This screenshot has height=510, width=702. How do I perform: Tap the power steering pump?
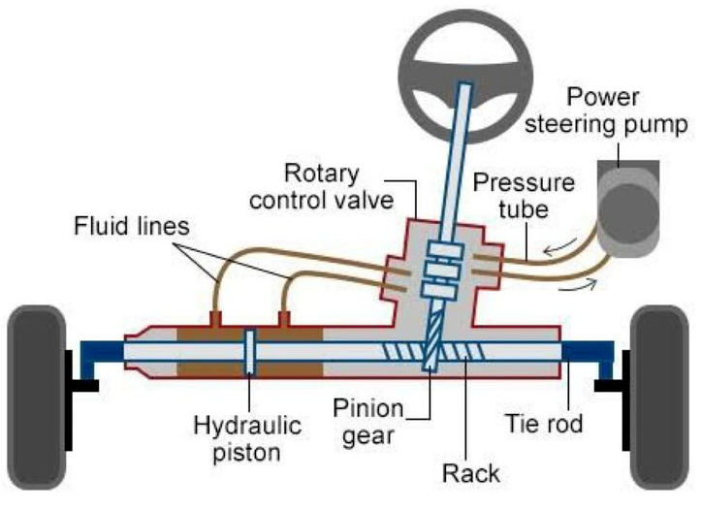pos(627,208)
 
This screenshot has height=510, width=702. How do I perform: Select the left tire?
pos(37,398)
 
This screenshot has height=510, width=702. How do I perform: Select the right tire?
pos(659,398)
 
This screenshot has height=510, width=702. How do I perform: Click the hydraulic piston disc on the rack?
pos(251,352)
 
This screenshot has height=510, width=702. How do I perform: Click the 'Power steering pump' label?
pos(606,111)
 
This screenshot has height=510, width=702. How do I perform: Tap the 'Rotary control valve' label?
pos(322,187)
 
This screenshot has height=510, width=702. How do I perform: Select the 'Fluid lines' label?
pos(132,226)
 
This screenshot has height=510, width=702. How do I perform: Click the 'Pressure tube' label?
pos(524,196)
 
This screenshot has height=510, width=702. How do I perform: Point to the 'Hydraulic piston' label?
pos(247,438)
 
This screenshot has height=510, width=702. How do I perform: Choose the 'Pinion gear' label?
pos(368,422)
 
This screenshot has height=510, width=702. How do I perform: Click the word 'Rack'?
pos(471,473)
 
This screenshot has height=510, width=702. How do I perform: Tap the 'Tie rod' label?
pos(544,424)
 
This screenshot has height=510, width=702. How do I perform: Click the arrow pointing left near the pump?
pos(560,246)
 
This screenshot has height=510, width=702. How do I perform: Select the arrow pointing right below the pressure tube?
pos(578,285)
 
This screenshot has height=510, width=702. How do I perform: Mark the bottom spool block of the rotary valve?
pos(441,291)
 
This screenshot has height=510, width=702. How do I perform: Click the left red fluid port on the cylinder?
pos(216,319)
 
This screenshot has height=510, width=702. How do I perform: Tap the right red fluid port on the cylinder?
pos(284,319)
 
